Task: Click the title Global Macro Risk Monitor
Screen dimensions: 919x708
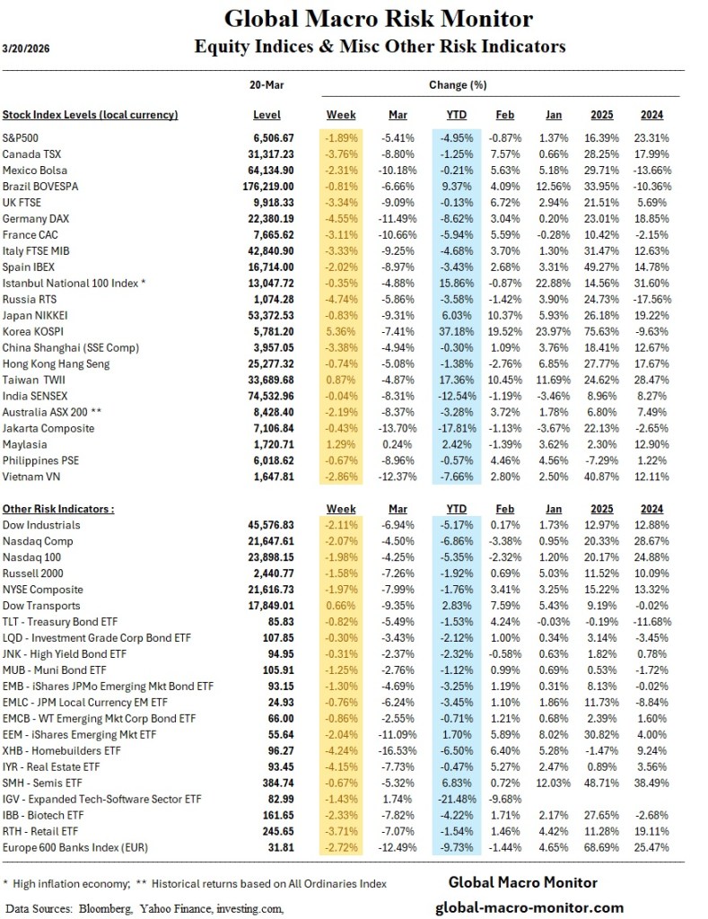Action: tap(378, 19)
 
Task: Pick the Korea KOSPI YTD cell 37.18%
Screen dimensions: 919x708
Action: tap(457, 331)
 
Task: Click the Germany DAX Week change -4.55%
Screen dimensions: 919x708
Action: tap(340, 218)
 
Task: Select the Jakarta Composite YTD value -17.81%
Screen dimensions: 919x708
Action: tap(457, 428)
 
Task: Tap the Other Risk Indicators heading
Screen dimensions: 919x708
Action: tap(57, 508)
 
